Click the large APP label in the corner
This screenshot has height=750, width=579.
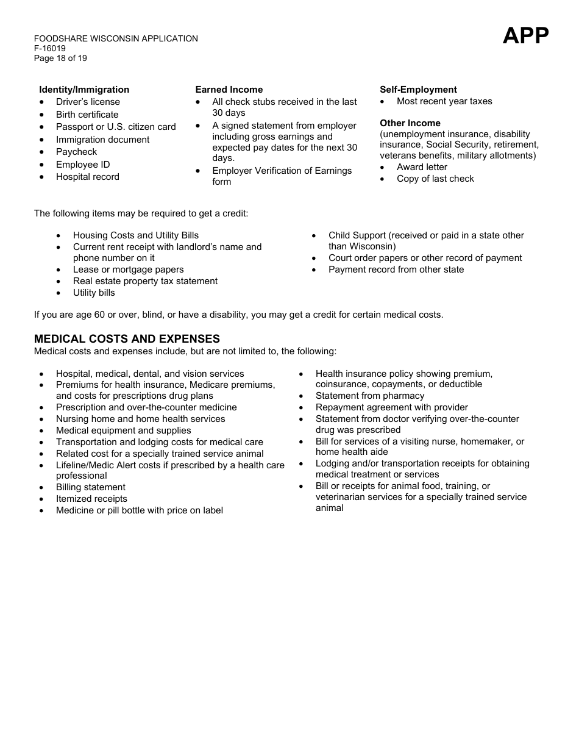coord(525,36)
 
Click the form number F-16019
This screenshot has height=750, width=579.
coord(50,49)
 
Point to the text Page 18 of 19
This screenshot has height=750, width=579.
coord(60,59)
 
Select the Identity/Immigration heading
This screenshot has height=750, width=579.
coord(84,90)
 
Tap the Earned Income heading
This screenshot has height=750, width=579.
coord(229,90)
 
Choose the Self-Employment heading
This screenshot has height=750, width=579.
coord(418,90)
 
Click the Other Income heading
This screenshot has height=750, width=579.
coord(410,123)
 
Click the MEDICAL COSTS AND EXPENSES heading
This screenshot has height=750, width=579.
coord(127,339)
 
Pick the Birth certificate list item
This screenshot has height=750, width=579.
coord(87,115)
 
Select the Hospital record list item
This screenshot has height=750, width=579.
coord(88,177)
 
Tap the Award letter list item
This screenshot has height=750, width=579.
coord(422,167)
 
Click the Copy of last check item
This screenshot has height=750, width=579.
coord(435,179)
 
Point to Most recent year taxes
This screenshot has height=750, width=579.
coord(444,101)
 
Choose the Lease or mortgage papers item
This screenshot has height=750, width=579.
coord(128,270)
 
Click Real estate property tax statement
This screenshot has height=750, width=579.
coord(145,281)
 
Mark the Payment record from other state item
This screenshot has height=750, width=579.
coord(396,270)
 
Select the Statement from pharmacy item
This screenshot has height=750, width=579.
coord(370,396)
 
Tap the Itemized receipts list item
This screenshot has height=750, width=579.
coord(91,499)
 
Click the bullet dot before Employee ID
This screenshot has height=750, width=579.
coord(41,165)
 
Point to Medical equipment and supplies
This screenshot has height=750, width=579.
coord(124,430)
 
